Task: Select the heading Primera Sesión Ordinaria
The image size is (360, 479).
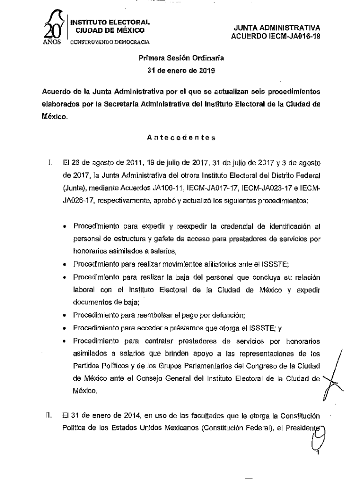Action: (181, 58)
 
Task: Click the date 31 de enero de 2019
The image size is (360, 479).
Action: (181, 71)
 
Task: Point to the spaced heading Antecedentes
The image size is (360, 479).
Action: (181, 138)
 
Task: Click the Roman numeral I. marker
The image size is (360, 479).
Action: (49, 164)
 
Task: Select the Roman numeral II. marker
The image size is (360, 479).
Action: (48, 415)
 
